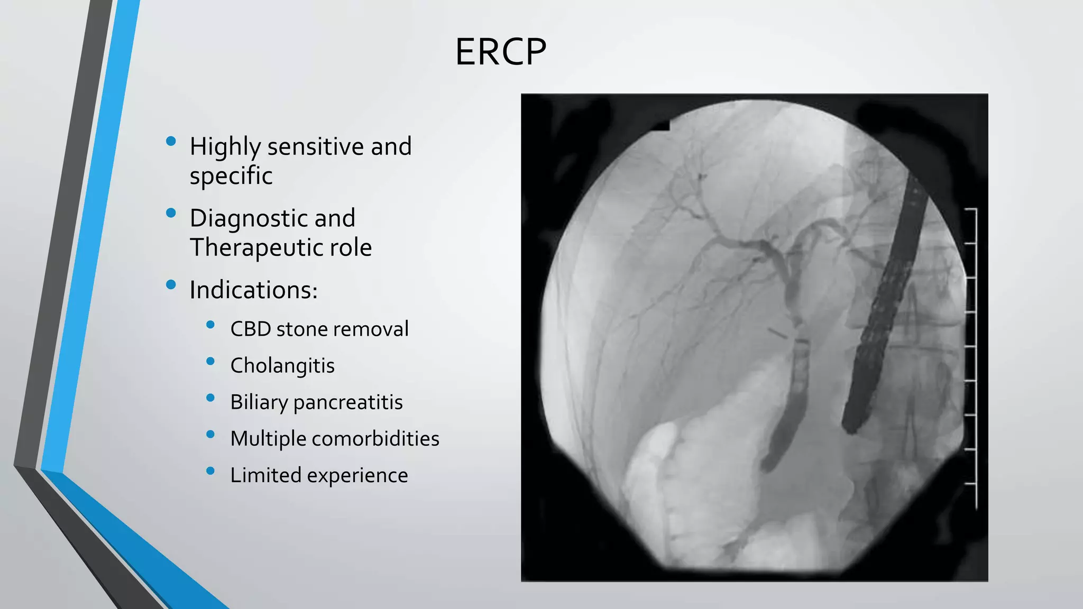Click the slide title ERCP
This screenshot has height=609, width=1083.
pyautogui.click(x=500, y=52)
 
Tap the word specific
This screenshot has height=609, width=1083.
pyautogui.click(x=231, y=176)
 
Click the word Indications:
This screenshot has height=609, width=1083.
pyautogui.click(x=253, y=290)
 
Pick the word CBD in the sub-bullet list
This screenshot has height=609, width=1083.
pyautogui.click(x=250, y=329)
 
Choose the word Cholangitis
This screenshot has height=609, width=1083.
pyautogui.click(x=282, y=365)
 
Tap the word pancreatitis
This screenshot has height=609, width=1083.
pyautogui.click(x=348, y=402)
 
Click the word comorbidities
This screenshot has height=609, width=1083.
pyautogui.click(x=375, y=439)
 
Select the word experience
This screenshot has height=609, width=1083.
pyautogui.click(x=357, y=475)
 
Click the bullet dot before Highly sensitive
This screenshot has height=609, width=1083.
pyautogui.click(x=171, y=141)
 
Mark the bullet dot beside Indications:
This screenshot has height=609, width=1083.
pyautogui.click(x=171, y=285)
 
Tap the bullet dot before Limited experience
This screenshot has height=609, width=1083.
pyautogui.click(x=210, y=470)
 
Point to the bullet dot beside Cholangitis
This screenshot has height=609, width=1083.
pyautogui.click(x=210, y=361)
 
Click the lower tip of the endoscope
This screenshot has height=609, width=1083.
pyautogui.click(x=850, y=426)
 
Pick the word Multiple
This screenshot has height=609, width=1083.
pyautogui.click(x=268, y=439)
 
